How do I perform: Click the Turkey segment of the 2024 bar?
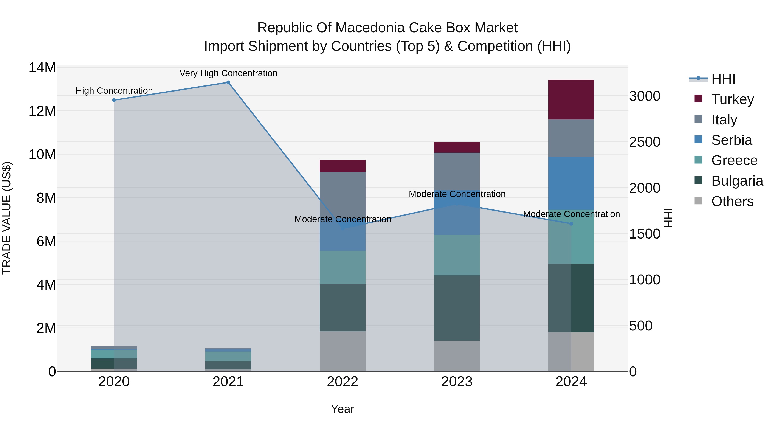pyautogui.click(x=571, y=100)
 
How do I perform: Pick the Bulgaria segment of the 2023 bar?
pyautogui.click(x=457, y=308)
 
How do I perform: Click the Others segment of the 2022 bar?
pyautogui.click(x=342, y=351)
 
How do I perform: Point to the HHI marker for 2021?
pyautogui.click(x=228, y=82)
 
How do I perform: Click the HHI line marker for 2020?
pyautogui.click(x=114, y=100)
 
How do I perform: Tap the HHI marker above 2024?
pyautogui.click(x=571, y=223)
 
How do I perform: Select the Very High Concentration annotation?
pyautogui.click(x=228, y=73)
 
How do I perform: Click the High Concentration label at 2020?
pyautogui.click(x=114, y=91)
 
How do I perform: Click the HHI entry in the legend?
pyautogui.click(x=723, y=79)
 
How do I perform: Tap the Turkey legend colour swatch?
pyautogui.click(x=698, y=99)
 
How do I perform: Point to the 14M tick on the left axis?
pyautogui.click(x=42, y=68)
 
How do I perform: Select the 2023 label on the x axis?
pyautogui.click(x=457, y=382)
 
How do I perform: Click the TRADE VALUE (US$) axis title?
pyautogui.click(x=7, y=218)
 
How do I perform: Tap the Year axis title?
pyautogui.click(x=342, y=409)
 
